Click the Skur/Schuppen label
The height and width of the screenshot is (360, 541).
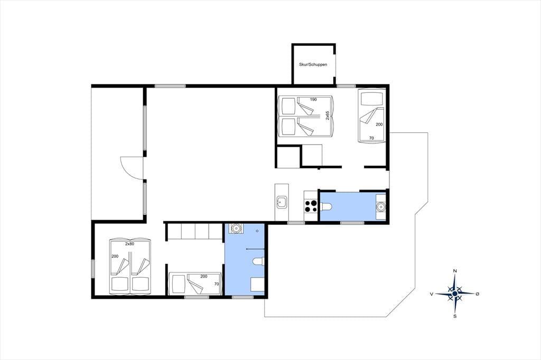pyautogui.click(x=313, y=64)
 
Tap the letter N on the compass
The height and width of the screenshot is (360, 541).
pyautogui.click(x=455, y=271)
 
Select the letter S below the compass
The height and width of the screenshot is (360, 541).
pyautogui.click(x=455, y=316)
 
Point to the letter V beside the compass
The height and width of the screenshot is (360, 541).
pyautogui.click(x=432, y=294)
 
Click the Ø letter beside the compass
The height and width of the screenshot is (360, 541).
pyautogui.click(x=478, y=294)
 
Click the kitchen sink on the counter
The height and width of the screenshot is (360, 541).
pyautogui.click(x=282, y=202)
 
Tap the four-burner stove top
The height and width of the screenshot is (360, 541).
pyautogui.click(x=311, y=206)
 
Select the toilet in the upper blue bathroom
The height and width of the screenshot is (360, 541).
pyautogui.click(x=325, y=206)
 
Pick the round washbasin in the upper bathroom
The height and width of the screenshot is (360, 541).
pyautogui.click(x=380, y=207)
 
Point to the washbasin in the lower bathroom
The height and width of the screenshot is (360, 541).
pyautogui.click(x=236, y=228)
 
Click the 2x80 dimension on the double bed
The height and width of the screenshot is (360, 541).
pyautogui.click(x=129, y=244)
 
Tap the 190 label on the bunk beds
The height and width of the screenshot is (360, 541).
pyautogui.click(x=313, y=100)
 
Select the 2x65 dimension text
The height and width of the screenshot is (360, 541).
pyautogui.click(x=328, y=115)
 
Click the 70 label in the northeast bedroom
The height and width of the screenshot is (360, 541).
pyautogui.click(x=371, y=138)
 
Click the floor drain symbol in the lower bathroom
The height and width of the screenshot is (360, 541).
pyautogui.click(x=257, y=230)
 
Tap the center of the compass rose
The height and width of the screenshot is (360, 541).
pyautogui.click(x=455, y=293)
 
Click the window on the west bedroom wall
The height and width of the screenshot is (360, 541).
pyautogui.click(x=93, y=269)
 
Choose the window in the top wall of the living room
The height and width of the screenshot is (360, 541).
pyautogui.click(x=170, y=86)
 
